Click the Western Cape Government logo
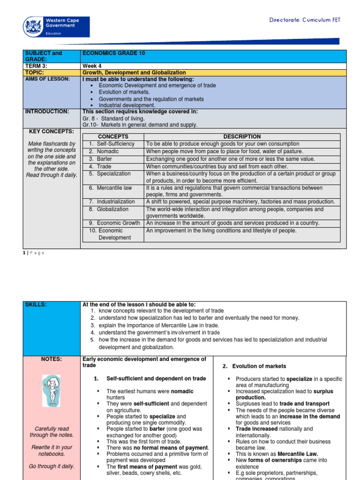click(x=56, y=27)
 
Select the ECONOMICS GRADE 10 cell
click(x=114, y=53)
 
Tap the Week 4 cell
click(x=92, y=66)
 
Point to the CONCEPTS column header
click(x=112, y=136)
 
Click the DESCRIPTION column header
click(x=242, y=136)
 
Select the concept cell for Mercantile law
click(x=114, y=188)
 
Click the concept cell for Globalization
click(x=112, y=209)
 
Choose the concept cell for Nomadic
click(x=108, y=151)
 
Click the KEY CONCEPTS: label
click(x=52, y=131)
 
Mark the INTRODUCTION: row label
click(x=46, y=112)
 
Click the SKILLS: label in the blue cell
click(x=37, y=305)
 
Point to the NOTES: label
click(x=52, y=359)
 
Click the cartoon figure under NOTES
click(x=51, y=391)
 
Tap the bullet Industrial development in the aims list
click(x=127, y=105)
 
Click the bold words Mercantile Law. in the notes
click(x=298, y=454)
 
